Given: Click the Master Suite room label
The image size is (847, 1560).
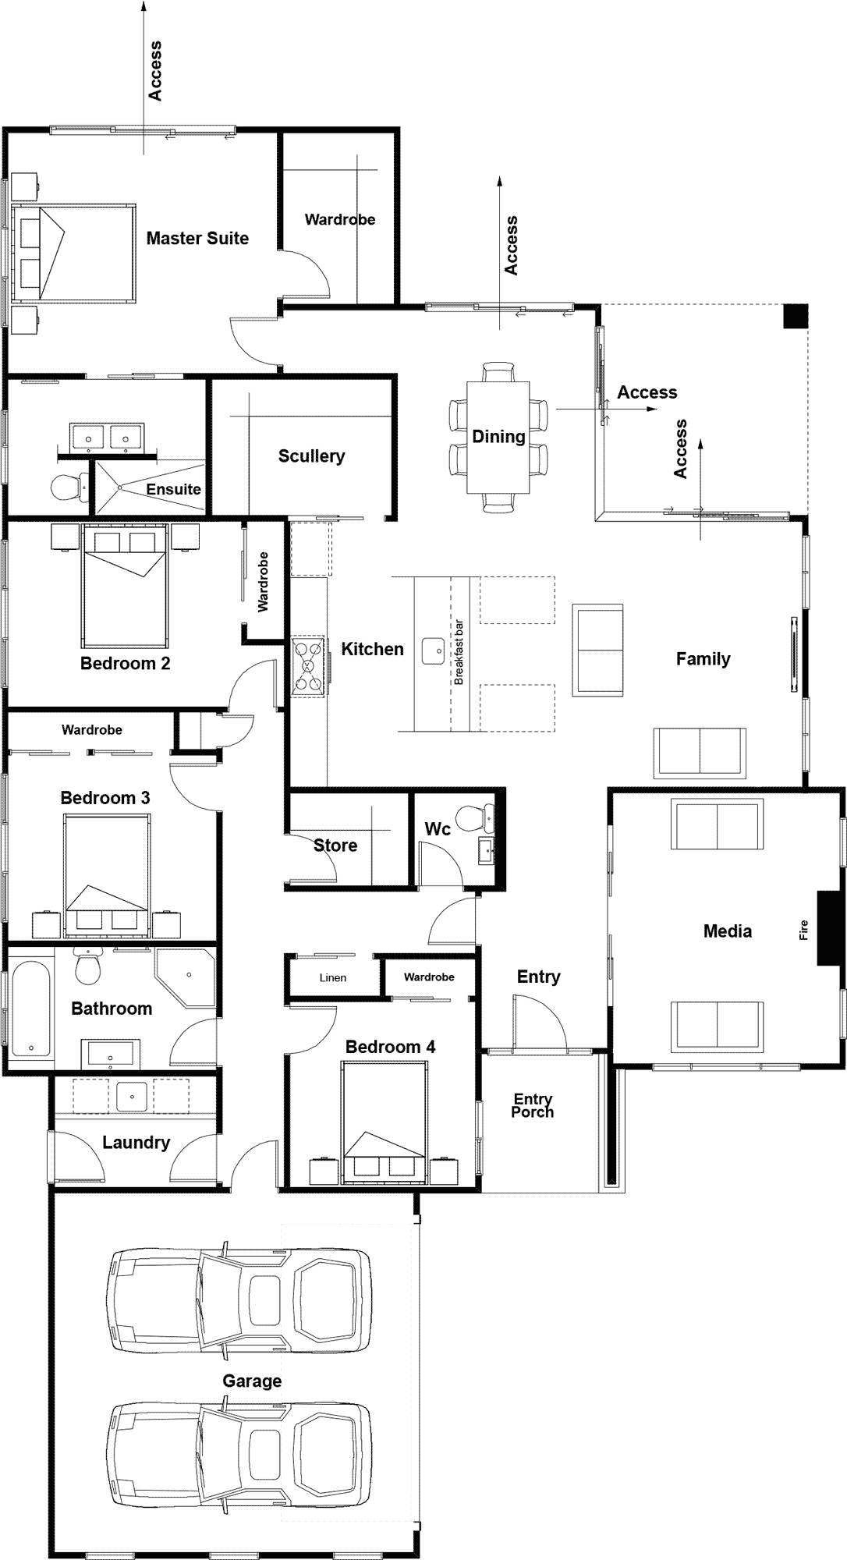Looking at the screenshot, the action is click(x=197, y=239).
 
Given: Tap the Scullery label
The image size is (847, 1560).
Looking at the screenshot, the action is click(x=311, y=456).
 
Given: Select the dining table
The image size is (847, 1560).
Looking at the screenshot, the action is click(x=498, y=437).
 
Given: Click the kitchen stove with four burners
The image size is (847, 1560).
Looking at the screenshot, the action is click(x=308, y=666).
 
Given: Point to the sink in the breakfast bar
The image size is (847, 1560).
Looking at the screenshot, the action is click(x=434, y=651).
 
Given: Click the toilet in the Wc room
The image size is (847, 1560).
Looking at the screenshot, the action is click(x=475, y=818).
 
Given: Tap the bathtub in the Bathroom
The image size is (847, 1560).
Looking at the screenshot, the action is click(x=30, y=1008).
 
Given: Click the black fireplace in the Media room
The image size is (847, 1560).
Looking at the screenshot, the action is click(x=826, y=929).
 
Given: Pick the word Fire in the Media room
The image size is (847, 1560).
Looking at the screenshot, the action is click(x=804, y=930).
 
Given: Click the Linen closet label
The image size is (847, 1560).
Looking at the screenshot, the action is click(x=333, y=978).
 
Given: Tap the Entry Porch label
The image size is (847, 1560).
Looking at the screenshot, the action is click(x=533, y=1105).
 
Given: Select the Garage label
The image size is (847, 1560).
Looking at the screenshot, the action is click(x=252, y=1381).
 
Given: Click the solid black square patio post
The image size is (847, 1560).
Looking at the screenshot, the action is click(x=796, y=315).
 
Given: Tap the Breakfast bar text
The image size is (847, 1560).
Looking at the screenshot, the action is click(x=459, y=653).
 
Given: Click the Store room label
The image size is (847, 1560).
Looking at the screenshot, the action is click(x=335, y=846).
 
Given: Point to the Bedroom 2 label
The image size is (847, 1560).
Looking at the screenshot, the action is click(x=125, y=664).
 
